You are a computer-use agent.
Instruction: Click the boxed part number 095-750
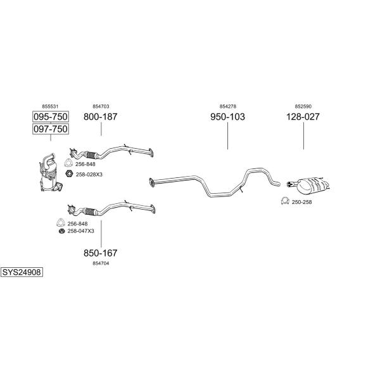click(x=51, y=117)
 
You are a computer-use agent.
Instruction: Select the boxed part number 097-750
click(x=51, y=129)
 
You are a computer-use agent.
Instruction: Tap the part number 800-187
click(x=100, y=117)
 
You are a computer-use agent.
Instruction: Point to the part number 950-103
click(x=227, y=117)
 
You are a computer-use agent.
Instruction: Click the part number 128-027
click(x=303, y=117)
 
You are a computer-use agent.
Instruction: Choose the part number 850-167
click(x=100, y=253)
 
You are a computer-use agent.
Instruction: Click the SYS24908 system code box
click(x=22, y=272)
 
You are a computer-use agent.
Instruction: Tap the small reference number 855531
click(x=50, y=106)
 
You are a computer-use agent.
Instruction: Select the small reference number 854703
click(x=101, y=106)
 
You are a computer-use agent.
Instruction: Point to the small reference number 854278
click(x=228, y=106)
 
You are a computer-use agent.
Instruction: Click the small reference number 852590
click(x=303, y=106)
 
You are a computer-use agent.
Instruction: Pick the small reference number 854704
click(x=101, y=263)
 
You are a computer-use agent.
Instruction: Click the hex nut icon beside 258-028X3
click(x=69, y=174)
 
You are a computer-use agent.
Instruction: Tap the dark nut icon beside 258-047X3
click(x=62, y=231)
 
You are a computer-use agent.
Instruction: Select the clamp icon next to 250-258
click(x=285, y=201)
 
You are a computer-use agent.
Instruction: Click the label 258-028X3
click(x=89, y=175)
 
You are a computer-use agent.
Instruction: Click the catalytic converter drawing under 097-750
click(x=51, y=172)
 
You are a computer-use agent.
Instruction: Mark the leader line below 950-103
click(x=227, y=136)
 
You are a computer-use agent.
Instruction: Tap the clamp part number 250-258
click(x=301, y=202)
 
